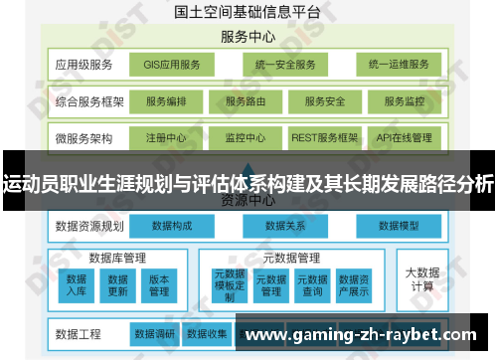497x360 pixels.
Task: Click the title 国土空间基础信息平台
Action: [x=248, y=13]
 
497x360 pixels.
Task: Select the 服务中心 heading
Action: [x=248, y=36]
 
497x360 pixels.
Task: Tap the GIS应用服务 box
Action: [x=172, y=66]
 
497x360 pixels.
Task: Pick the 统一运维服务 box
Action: [x=398, y=66]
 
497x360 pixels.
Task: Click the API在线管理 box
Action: [x=404, y=137]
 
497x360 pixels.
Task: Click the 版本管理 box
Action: [x=158, y=284]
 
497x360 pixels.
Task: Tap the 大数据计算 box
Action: [x=420, y=278]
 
